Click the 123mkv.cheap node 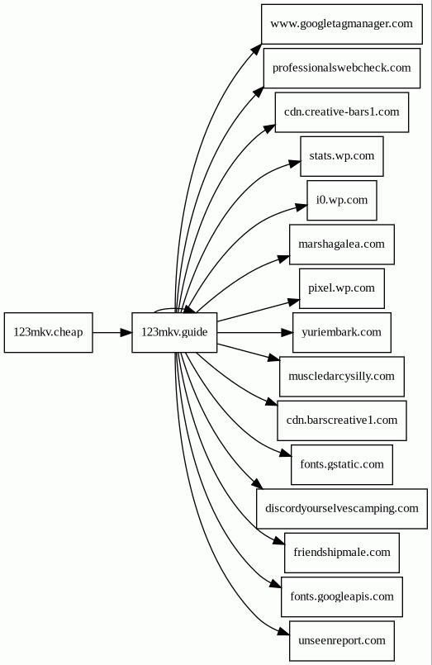point(49,332)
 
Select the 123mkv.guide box point(174,332)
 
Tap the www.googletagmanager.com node point(342,24)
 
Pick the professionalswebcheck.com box point(342,69)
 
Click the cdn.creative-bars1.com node point(342,112)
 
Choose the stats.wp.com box point(342,156)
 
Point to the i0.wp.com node point(342,200)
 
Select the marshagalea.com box point(342,245)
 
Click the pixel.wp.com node point(342,288)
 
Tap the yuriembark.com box point(342,332)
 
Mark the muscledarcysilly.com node point(342,377)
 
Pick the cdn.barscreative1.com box point(342,420)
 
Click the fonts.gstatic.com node point(342,465)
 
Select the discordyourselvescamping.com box point(342,509)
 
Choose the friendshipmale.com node point(342,553)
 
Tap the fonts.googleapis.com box point(342,597)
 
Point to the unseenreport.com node point(342,641)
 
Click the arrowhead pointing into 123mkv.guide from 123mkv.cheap point(126,332)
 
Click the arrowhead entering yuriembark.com point(287,332)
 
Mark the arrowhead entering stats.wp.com point(295,163)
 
